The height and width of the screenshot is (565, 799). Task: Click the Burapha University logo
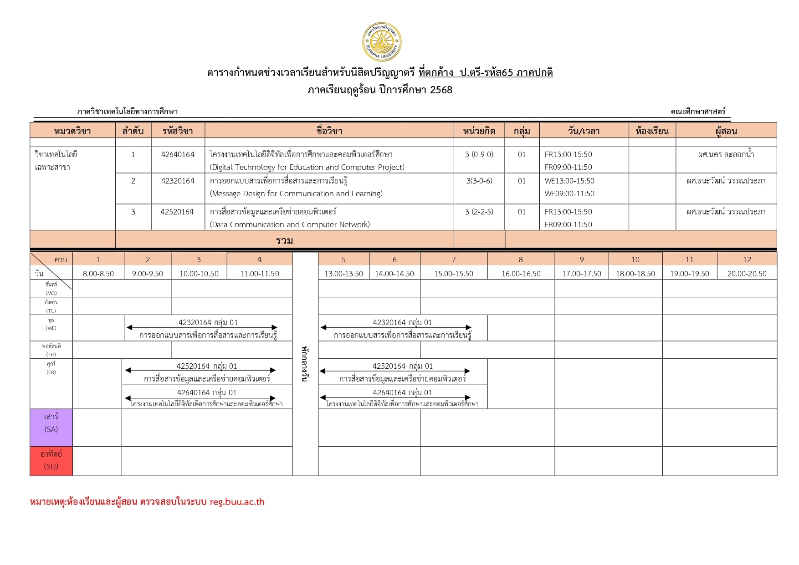[382, 42]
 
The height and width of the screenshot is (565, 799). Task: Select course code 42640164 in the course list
[178, 154]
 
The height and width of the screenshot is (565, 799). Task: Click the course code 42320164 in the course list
[178, 181]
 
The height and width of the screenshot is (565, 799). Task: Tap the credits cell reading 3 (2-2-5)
[479, 212]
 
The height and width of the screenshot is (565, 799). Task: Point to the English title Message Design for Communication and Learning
[296, 193]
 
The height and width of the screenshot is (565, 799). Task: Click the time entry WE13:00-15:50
[569, 181]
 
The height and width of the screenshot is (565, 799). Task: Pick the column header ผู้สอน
[726, 131]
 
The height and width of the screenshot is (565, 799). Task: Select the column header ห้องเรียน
[652, 131]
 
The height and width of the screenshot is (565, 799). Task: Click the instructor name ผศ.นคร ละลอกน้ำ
[726, 154]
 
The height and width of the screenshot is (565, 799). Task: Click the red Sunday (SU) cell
[51, 461]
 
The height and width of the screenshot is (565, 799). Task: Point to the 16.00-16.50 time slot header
[521, 274]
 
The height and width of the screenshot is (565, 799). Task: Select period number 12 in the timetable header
[747, 260]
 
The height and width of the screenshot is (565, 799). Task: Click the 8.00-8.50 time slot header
[98, 274]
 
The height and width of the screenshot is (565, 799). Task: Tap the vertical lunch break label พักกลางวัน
[305, 363]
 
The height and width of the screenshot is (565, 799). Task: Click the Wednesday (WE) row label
[51, 324]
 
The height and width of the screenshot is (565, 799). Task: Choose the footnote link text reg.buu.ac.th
[237, 502]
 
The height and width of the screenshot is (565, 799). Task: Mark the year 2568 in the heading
[441, 90]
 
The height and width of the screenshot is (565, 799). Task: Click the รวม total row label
[284, 240]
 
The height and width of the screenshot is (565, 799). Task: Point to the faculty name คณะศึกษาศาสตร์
[698, 112]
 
